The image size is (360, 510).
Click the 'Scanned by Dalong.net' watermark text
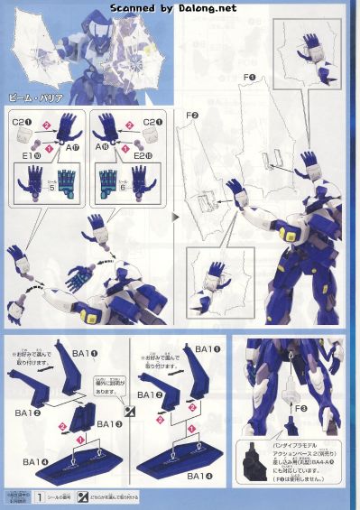(x=180, y=7)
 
